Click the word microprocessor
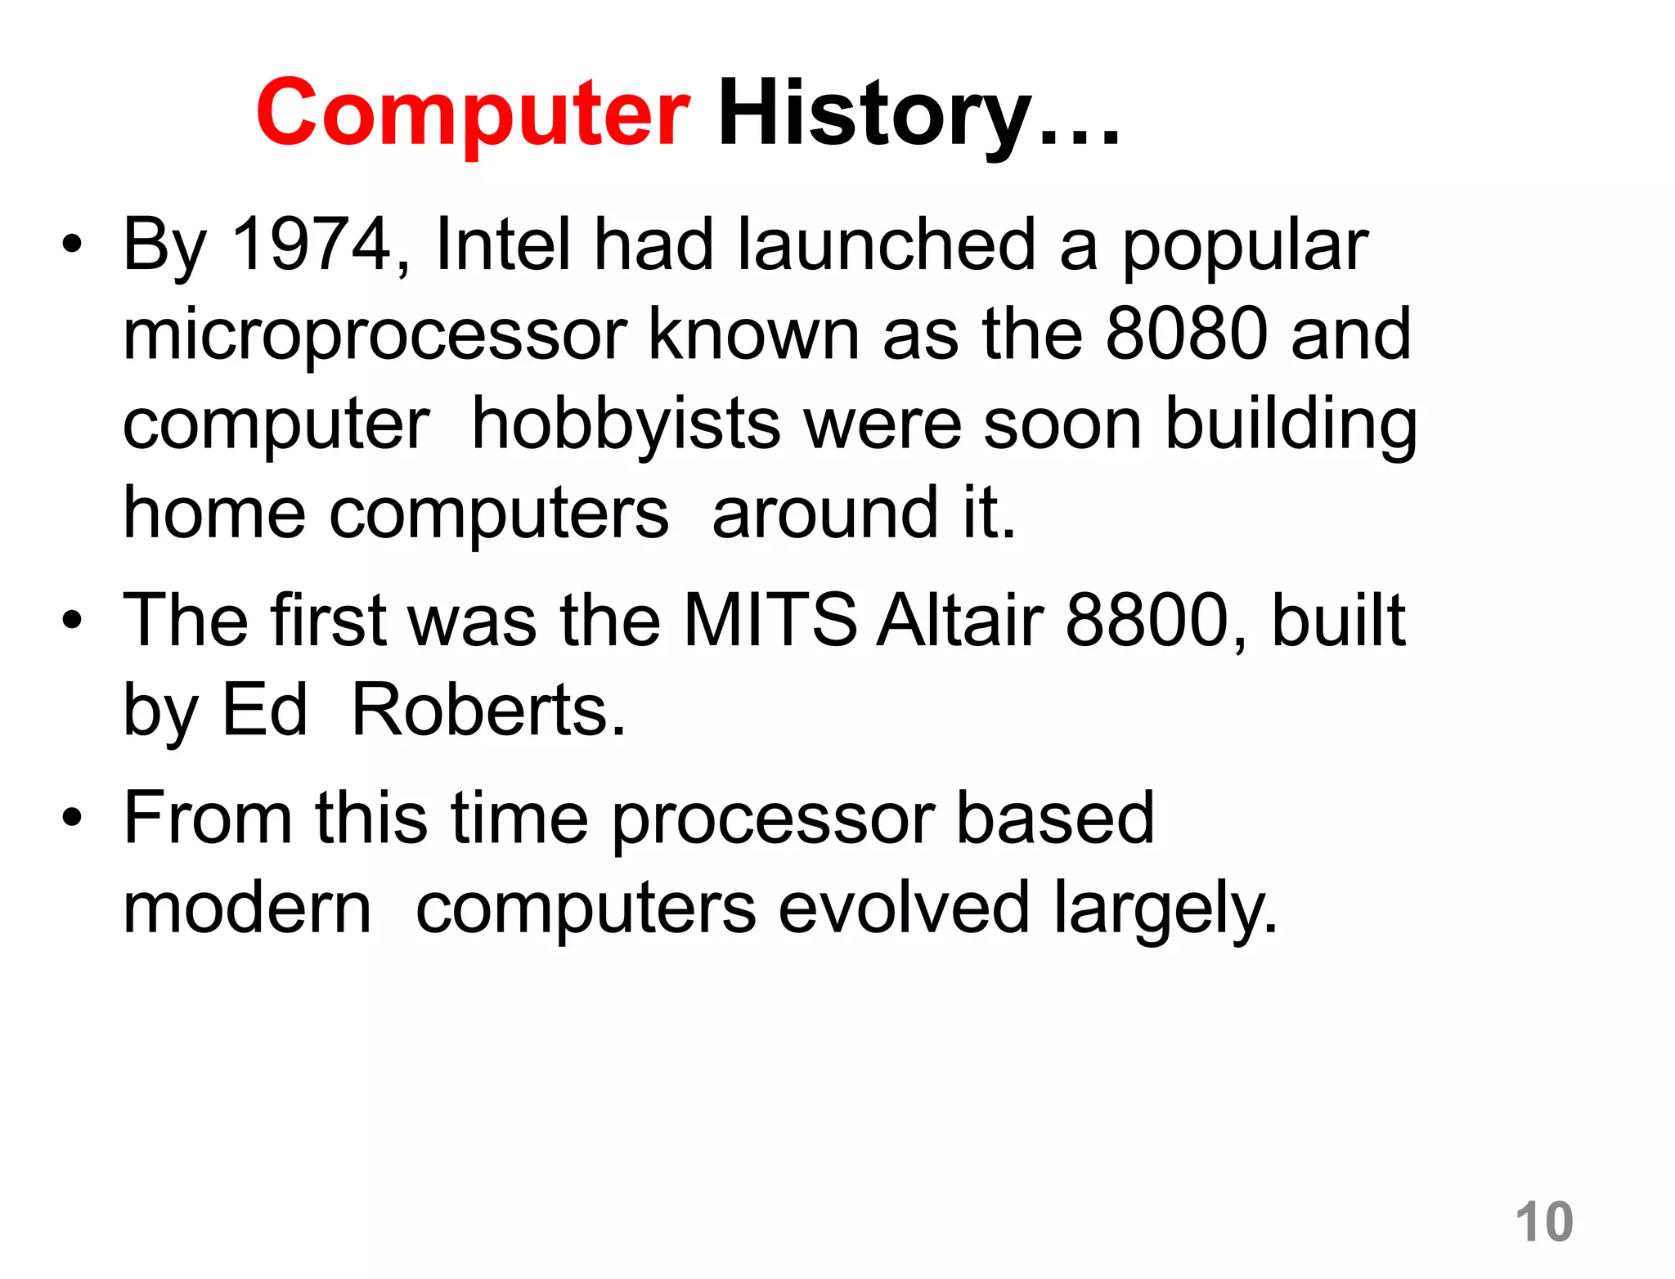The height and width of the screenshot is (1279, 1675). point(375,335)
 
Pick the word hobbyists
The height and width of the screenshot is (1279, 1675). point(626,425)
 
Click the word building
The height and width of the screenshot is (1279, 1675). point(1291,425)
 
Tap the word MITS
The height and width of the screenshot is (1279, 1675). point(770,620)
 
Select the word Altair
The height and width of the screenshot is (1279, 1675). point(960,620)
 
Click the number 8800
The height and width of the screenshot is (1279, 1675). point(1148,620)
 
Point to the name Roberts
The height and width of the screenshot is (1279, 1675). point(487,710)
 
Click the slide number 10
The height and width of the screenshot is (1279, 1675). point(1544,1222)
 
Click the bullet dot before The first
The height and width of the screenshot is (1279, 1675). point(72,621)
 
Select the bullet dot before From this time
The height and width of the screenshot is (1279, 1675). point(72,818)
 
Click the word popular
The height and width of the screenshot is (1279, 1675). point(1244,245)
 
